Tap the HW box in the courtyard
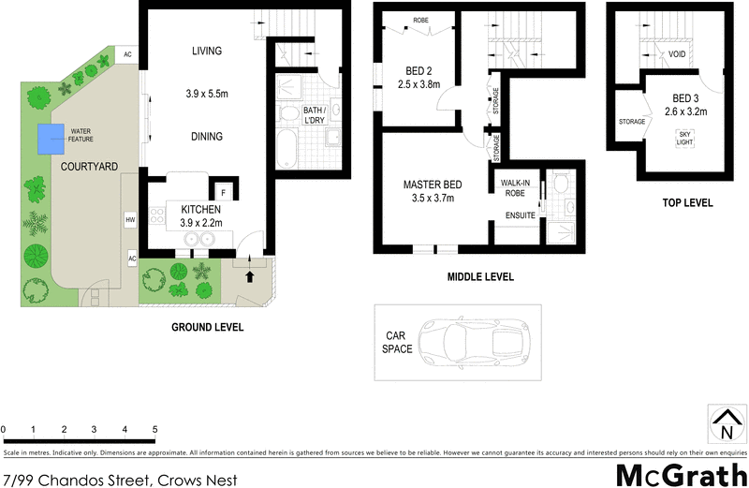[x=130, y=219]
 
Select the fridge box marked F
[x=224, y=194]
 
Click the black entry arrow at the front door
[x=250, y=276]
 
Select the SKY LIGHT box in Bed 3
[x=685, y=137]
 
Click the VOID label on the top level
[x=677, y=55]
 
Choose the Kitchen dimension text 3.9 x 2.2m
[x=200, y=223]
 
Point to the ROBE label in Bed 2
[x=420, y=18]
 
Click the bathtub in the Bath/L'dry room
[x=286, y=148]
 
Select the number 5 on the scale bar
[x=154, y=430]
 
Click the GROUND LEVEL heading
[x=207, y=327]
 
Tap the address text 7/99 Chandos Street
[x=120, y=480]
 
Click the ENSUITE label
[x=520, y=215]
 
